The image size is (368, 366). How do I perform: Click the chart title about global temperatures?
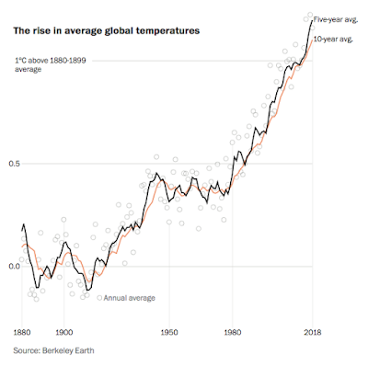coord(107,31)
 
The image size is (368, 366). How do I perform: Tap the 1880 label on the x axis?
coord(22,332)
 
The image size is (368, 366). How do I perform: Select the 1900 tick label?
coord(64,332)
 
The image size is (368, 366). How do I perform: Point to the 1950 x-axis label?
coord(169,332)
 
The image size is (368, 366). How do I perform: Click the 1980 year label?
coord(233,332)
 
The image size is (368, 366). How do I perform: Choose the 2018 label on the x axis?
coord(313,332)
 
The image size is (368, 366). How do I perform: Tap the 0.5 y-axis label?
coord(14,164)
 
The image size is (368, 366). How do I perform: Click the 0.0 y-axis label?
coord(14,266)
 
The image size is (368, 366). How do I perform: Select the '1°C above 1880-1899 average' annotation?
coord(51,64)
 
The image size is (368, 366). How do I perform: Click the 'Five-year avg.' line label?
coord(336,20)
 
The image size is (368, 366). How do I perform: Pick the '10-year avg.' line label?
coord(333,40)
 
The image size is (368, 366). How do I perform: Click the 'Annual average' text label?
coord(130,298)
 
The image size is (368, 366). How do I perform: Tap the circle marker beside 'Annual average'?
coord(99,297)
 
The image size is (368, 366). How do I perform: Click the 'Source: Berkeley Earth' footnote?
coord(53,350)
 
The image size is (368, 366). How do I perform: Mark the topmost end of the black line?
coord(312,20)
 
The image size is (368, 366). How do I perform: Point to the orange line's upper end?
coord(312,40)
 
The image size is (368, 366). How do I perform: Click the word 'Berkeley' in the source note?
coord(59,350)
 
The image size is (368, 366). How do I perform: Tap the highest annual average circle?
coord(310,15)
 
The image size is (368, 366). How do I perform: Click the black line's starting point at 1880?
coord(22,231)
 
